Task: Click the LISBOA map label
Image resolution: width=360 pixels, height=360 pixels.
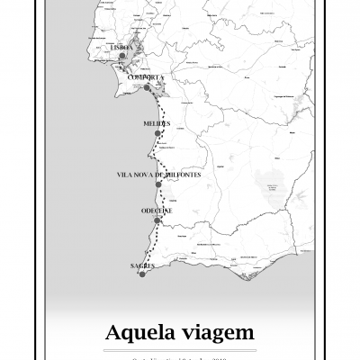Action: (x=121, y=47)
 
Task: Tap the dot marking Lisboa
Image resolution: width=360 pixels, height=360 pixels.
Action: (x=121, y=56)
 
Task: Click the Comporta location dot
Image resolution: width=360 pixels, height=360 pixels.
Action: (x=147, y=88)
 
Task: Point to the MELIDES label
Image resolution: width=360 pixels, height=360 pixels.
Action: (x=157, y=123)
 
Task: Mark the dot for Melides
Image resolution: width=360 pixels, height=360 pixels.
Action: (x=157, y=133)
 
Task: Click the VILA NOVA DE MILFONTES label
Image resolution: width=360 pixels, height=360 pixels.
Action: (x=157, y=174)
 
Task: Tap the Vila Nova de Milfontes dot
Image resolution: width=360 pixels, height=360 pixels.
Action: (x=158, y=184)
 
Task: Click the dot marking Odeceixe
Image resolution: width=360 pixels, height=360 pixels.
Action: (x=157, y=220)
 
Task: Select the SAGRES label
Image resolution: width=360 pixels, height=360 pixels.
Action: (x=142, y=265)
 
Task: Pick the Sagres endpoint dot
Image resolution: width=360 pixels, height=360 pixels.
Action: (x=141, y=274)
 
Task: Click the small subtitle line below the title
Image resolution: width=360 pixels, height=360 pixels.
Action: (x=180, y=356)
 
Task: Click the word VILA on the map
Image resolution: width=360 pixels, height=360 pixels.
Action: (x=125, y=174)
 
